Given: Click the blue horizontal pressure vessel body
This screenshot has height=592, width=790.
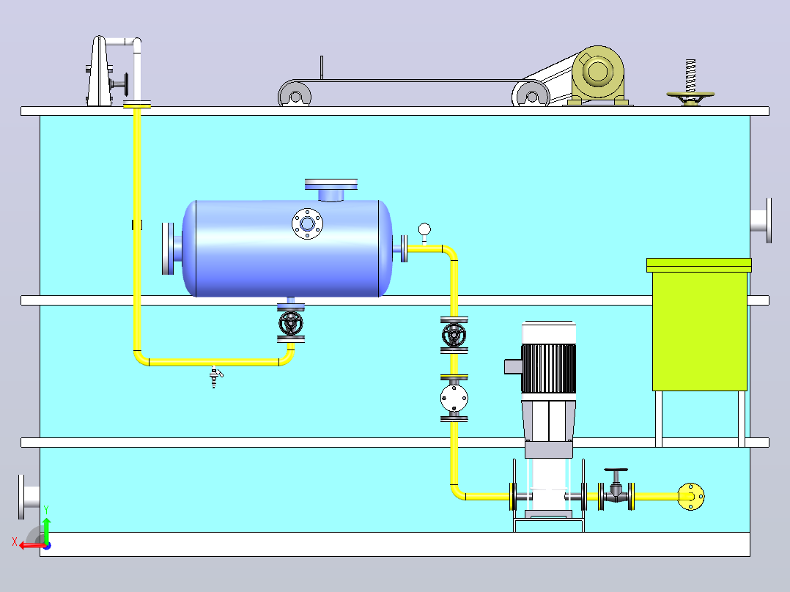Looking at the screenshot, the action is pyautogui.click(x=287, y=248).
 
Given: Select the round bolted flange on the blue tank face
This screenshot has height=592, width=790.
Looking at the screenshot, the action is pyautogui.click(x=307, y=223).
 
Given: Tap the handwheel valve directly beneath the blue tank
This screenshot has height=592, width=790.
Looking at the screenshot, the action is pyautogui.click(x=291, y=323).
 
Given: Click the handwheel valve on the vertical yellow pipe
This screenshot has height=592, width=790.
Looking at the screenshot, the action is pyautogui.click(x=454, y=335).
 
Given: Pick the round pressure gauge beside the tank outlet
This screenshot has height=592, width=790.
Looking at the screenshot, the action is pyautogui.click(x=425, y=230).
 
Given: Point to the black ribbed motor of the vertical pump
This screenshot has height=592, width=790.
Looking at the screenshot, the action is pyautogui.click(x=548, y=369).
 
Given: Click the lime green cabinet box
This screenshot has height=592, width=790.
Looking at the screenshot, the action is pyautogui.click(x=699, y=325).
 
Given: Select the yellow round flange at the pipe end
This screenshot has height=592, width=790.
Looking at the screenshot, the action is pyautogui.click(x=691, y=497).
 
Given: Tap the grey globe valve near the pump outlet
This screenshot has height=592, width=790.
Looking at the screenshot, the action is pyautogui.click(x=616, y=489).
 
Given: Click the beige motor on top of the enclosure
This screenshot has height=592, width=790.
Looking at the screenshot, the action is pyautogui.click(x=597, y=75).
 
